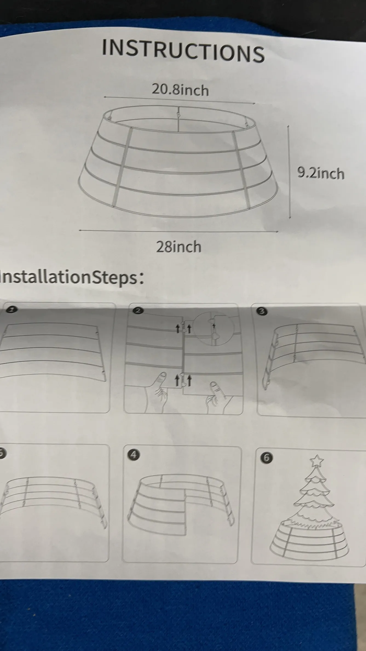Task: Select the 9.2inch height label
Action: pyautogui.click(x=321, y=173)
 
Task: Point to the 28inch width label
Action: pyautogui.click(x=179, y=247)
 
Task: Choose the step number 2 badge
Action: pyautogui.click(x=138, y=310)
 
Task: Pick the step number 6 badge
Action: pyautogui.click(x=267, y=458)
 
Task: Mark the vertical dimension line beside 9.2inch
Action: pyautogui.click(x=289, y=172)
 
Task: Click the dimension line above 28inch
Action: pyautogui.click(x=178, y=231)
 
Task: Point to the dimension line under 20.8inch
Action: pyautogui.click(x=179, y=100)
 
